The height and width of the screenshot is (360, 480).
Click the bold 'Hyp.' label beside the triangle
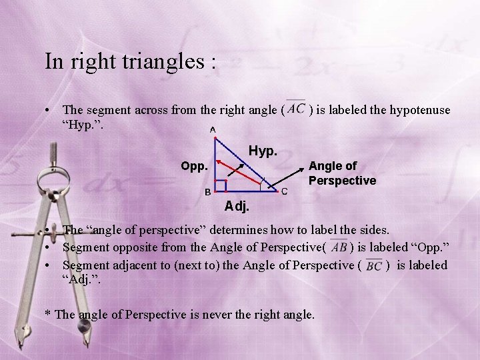point(262,151)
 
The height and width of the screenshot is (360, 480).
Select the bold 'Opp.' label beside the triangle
point(195,165)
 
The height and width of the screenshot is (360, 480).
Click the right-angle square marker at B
point(221,185)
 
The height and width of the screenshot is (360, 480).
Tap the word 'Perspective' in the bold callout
point(342,181)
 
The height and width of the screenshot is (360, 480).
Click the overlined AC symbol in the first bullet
point(297,108)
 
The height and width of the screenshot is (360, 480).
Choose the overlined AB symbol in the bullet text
point(339,247)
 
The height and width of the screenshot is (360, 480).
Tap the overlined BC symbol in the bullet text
point(373,266)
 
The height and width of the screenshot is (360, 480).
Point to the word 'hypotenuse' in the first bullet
point(417,109)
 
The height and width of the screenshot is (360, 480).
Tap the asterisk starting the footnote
point(47,312)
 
